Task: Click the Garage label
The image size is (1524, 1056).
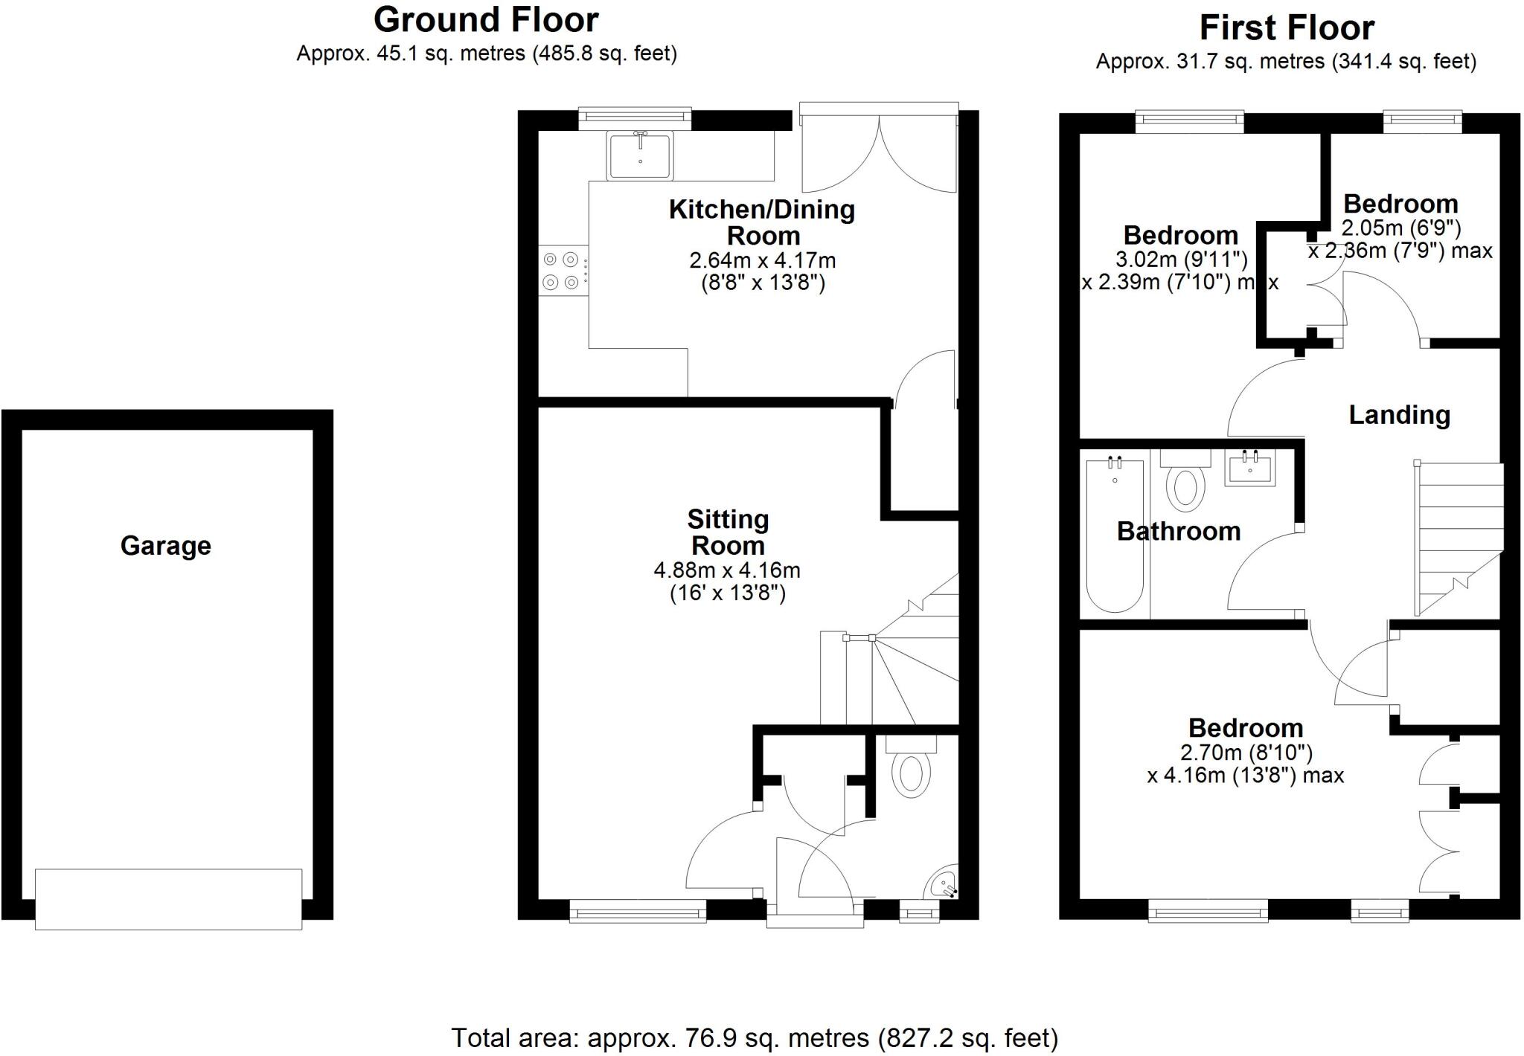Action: [x=165, y=546]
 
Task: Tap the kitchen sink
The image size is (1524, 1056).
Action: [x=640, y=155]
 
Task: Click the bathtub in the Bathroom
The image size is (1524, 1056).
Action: [x=1115, y=535]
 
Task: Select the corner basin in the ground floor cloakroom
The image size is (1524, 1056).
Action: [x=944, y=883]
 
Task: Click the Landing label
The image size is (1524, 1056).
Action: [x=1399, y=415]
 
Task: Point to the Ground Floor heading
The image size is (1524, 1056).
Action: [x=486, y=20]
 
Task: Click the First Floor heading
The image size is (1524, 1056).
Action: [x=1287, y=28]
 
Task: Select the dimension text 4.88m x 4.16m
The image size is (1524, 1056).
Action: [x=727, y=570]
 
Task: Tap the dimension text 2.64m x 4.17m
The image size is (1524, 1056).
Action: [x=763, y=261]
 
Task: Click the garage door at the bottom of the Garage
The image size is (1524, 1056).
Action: [x=169, y=898]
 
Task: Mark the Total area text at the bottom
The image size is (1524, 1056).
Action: [x=755, y=1037]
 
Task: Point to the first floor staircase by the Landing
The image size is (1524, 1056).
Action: [x=1459, y=535]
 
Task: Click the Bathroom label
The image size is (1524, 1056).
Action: [x=1179, y=531]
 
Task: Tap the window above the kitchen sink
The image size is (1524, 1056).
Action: [x=635, y=117]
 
